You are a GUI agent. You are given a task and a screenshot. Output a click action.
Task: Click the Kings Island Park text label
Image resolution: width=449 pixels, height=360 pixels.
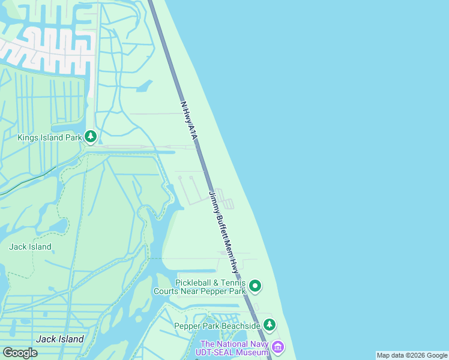[x=49, y=137]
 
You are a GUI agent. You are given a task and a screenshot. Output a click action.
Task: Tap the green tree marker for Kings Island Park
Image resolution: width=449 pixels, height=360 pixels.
[x=91, y=137]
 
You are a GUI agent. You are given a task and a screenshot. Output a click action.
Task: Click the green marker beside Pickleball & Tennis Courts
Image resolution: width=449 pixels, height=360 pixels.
[x=255, y=286]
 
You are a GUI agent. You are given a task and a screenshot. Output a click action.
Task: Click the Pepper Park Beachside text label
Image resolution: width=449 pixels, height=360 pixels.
[x=217, y=326]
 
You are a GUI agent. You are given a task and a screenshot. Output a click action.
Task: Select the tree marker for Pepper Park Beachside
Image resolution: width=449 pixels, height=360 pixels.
[x=270, y=325]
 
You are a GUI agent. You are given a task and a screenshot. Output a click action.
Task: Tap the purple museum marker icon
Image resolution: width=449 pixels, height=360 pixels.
[x=277, y=347]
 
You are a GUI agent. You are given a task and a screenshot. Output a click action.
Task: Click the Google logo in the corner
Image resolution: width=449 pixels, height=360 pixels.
[x=20, y=352]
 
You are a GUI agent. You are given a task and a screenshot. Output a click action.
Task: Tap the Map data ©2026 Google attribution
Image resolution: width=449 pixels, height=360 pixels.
[x=412, y=355]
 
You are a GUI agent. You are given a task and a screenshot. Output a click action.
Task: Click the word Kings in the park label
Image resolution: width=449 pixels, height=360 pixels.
[x=28, y=137]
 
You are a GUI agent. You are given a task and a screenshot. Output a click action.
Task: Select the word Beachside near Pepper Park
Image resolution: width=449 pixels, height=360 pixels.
[x=240, y=326]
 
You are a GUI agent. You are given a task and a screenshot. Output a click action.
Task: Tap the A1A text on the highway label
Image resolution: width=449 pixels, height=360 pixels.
[x=192, y=131]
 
